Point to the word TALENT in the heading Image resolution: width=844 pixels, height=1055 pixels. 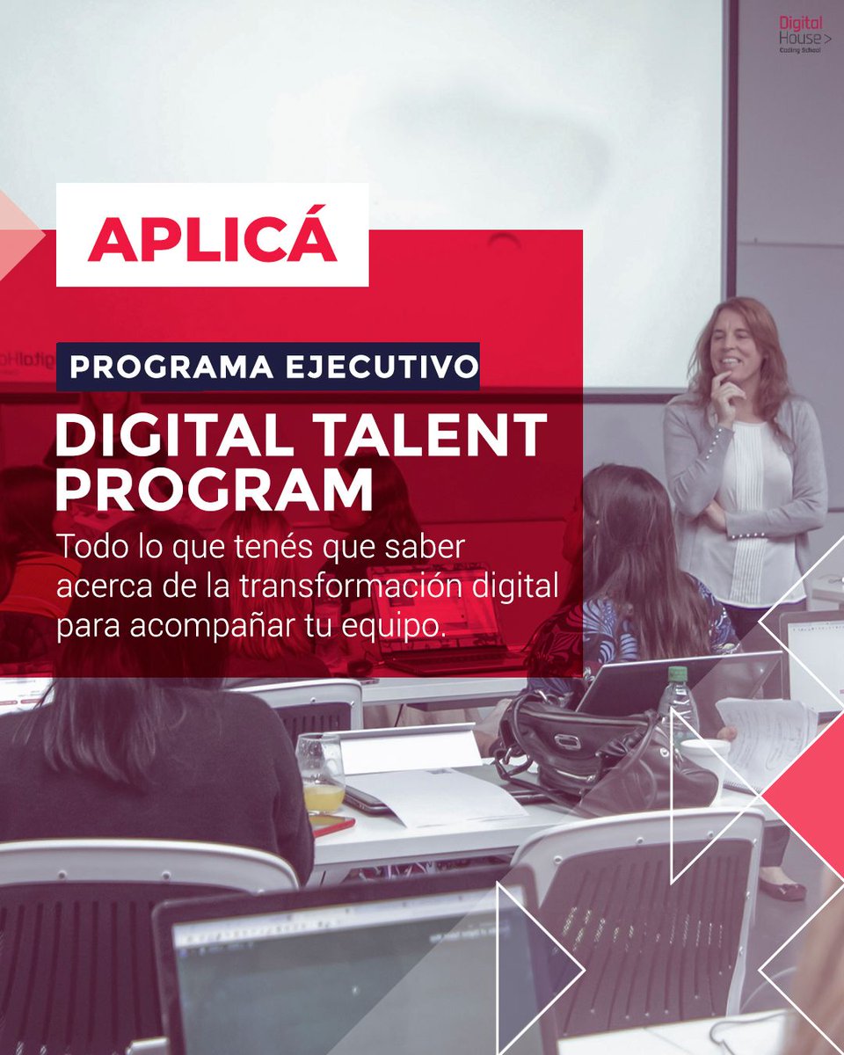click(421, 436)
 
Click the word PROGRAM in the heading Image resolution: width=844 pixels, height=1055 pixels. click(214, 492)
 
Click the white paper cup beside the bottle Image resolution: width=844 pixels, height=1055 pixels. click(706, 757)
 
